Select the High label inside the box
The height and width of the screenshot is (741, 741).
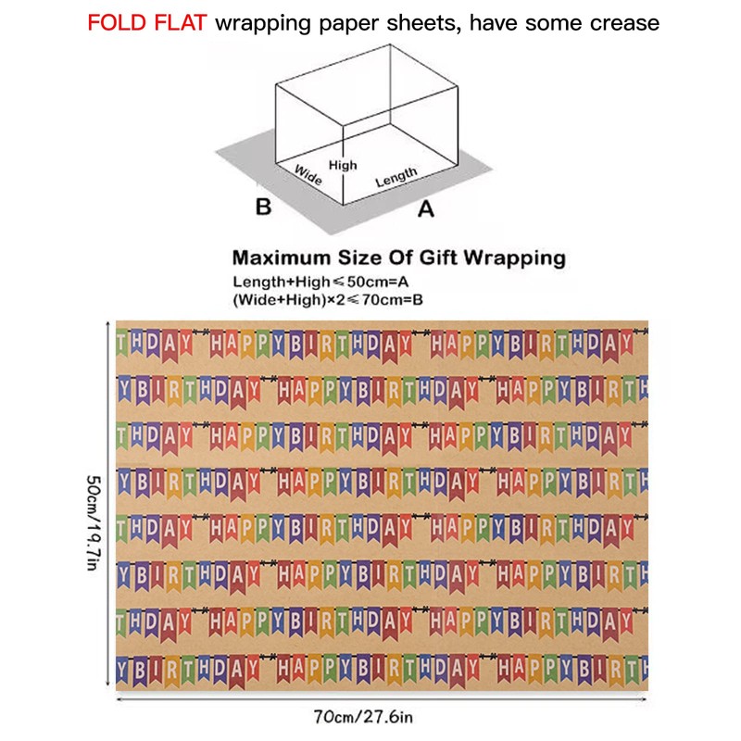point(343,165)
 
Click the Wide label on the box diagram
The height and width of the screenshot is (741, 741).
point(308,174)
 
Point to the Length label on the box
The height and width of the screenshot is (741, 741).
point(396,177)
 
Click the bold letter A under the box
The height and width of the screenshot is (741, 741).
point(425,209)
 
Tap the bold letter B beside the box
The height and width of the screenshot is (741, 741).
point(263,207)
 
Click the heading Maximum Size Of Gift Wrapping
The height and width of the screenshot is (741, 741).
point(398,257)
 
